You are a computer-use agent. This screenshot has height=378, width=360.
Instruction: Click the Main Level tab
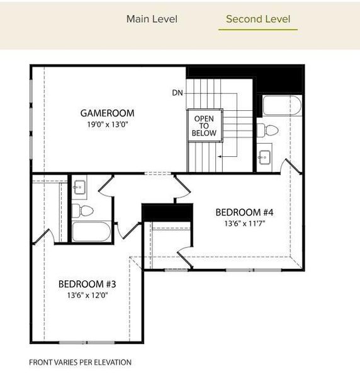point(152,19)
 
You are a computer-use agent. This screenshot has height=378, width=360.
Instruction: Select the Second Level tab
point(258,19)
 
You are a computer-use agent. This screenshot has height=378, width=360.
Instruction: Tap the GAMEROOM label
point(107,113)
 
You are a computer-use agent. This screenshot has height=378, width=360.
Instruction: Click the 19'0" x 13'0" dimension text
point(107,125)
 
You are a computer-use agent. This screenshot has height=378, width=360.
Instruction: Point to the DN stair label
point(178,93)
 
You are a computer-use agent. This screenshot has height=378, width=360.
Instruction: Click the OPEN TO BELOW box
point(204,126)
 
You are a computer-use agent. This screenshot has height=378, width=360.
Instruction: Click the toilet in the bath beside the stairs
point(269,130)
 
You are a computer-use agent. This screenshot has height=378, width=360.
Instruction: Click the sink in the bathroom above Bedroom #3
point(80,187)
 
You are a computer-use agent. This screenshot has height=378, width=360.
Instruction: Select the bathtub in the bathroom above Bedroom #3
point(91,231)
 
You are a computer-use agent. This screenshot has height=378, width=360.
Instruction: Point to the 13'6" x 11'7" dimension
point(242,223)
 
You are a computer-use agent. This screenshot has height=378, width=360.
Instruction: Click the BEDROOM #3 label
point(87,284)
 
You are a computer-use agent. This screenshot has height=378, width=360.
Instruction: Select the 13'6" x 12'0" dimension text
point(87,295)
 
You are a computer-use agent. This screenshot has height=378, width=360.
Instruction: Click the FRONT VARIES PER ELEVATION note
point(81,362)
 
